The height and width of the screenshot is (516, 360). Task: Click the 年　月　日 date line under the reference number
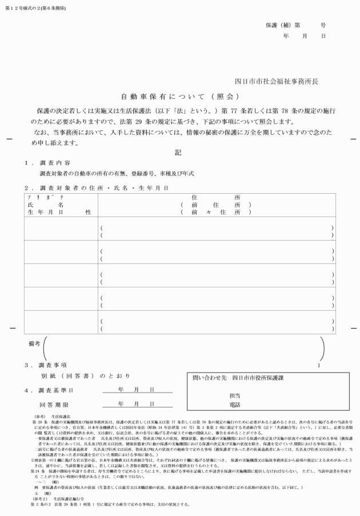click(x=304, y=35)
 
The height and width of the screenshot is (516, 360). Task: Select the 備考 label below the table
click(x=34, y=344)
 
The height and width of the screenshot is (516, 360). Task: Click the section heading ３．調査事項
click(x=47, y=365)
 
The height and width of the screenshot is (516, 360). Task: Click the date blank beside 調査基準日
click(x=137, y=390)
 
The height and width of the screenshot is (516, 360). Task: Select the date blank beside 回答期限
click(x=137, y=403)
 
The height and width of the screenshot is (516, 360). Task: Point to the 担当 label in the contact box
click(x=234, y=395)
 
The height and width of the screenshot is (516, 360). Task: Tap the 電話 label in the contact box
click(x=234, y=405)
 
